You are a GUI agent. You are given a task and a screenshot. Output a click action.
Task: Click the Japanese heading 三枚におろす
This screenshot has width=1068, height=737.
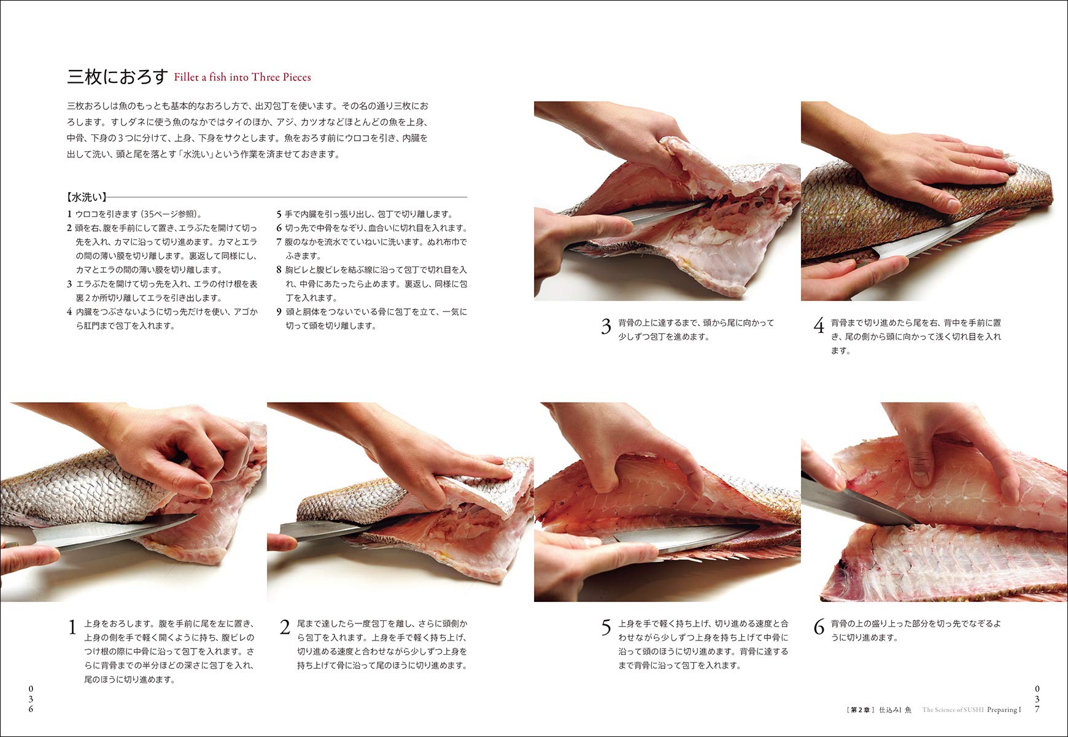[117, 77]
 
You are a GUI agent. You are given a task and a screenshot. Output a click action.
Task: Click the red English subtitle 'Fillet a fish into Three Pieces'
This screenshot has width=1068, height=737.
[242, 77]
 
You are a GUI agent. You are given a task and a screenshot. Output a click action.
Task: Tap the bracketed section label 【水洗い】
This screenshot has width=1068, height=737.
[87, 197]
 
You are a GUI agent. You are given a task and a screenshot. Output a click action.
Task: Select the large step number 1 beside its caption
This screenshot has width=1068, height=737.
[72, 628]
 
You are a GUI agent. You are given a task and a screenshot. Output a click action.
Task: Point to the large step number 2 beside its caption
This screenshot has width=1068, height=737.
[285, 628]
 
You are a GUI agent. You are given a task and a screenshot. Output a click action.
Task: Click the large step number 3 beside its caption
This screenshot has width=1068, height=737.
[606, 327]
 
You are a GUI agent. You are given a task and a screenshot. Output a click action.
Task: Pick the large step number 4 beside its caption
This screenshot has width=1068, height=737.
[819, 327]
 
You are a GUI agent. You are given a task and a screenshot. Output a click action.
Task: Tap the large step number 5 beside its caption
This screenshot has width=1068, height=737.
[606, 628]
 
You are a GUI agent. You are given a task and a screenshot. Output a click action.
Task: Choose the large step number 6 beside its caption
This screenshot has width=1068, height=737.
[819, 628]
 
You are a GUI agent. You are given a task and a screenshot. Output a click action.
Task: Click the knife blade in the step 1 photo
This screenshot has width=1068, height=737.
[110, 532]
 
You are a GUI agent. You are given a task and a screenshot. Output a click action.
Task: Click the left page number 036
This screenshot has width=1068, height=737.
[31, 699]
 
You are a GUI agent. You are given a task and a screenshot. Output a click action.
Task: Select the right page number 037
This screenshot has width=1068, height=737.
[1037, 699]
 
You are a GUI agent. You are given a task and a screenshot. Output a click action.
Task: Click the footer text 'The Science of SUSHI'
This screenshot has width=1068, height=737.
[953, 710]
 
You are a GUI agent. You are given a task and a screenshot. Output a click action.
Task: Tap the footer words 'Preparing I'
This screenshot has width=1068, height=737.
[1004, 710]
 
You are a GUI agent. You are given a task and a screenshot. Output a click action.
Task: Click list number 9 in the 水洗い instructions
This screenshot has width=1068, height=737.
[279, 312]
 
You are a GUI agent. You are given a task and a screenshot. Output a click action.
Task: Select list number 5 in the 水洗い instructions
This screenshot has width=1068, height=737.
[279, 214]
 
